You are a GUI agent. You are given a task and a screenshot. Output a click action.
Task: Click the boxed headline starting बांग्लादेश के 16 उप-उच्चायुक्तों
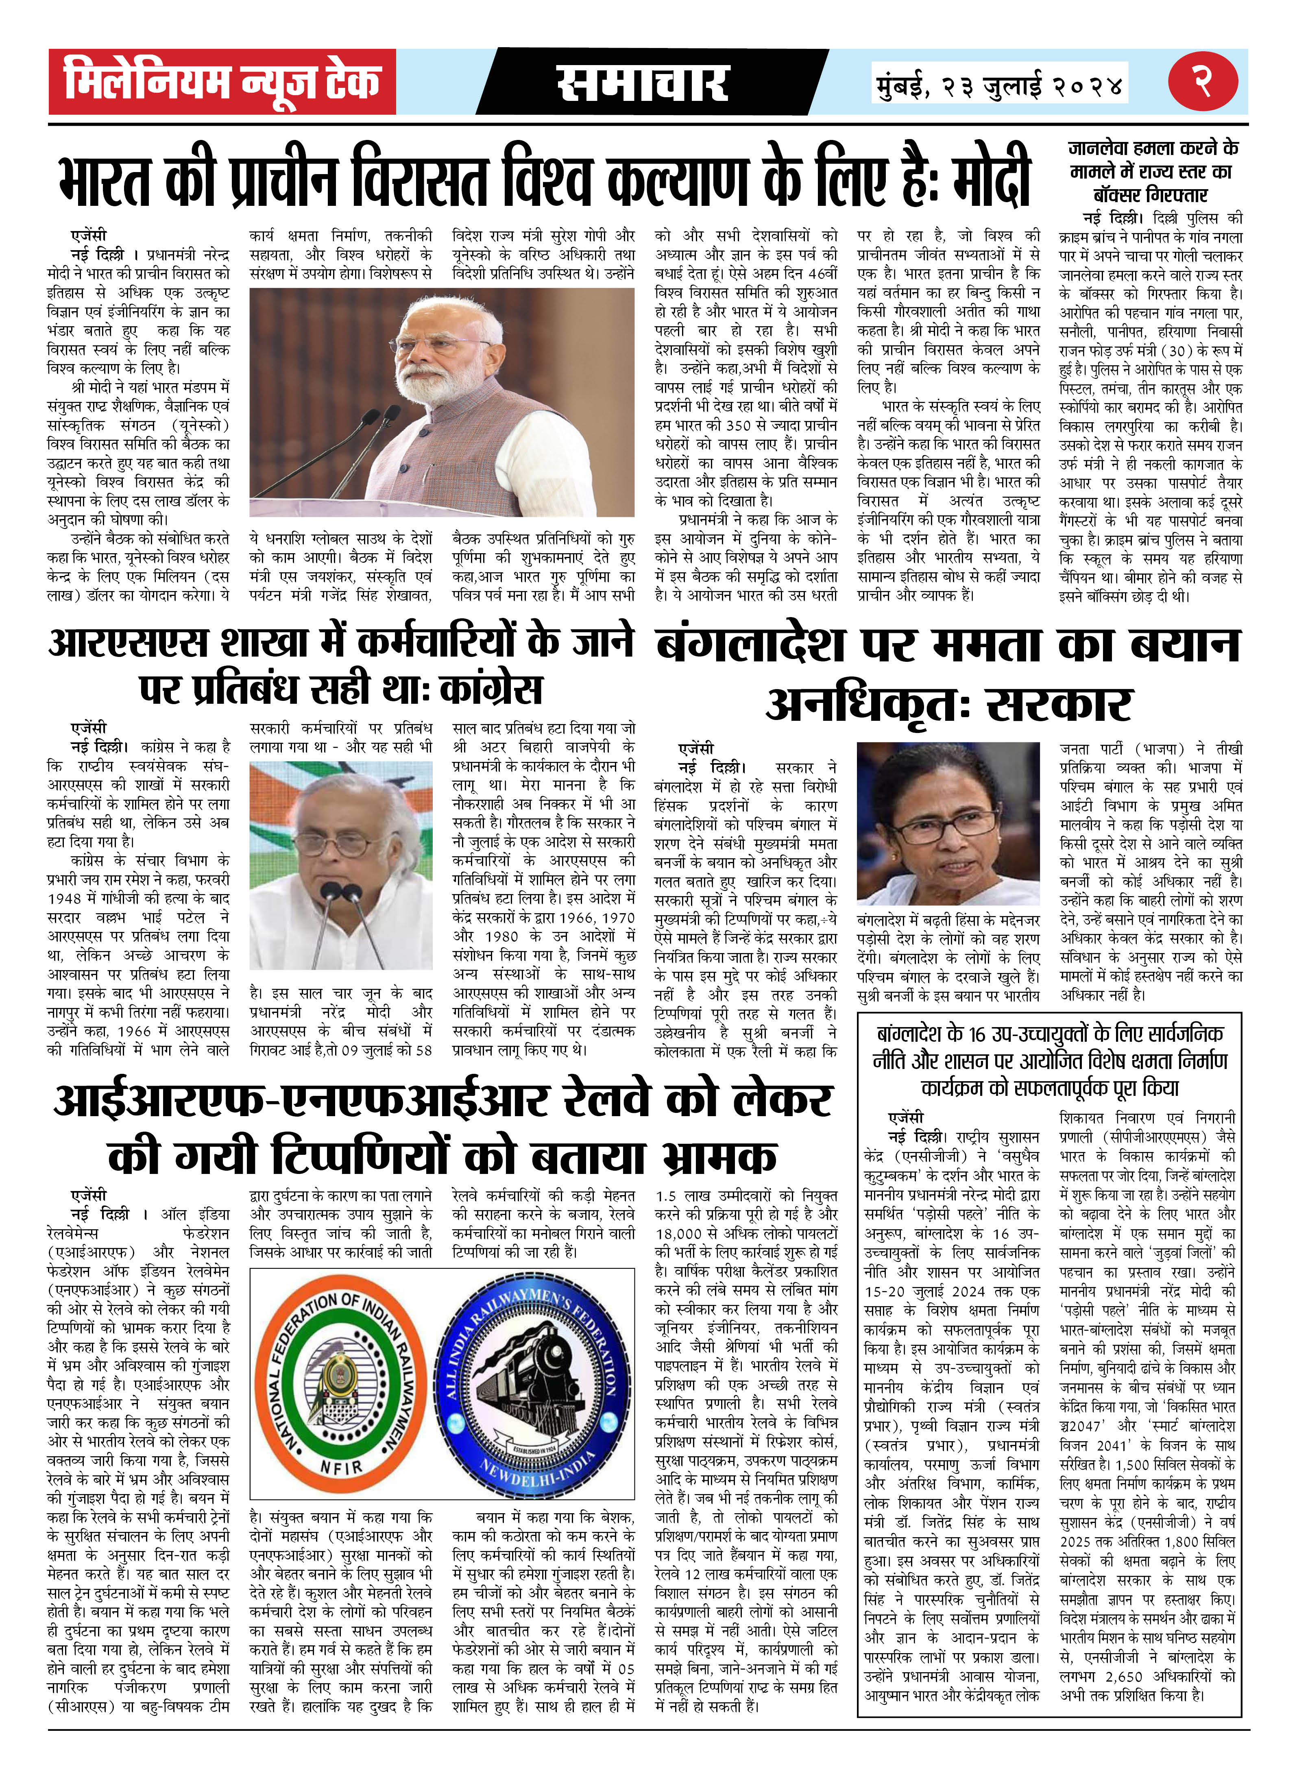1050,1061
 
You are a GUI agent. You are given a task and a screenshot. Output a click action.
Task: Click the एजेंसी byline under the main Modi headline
88,235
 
